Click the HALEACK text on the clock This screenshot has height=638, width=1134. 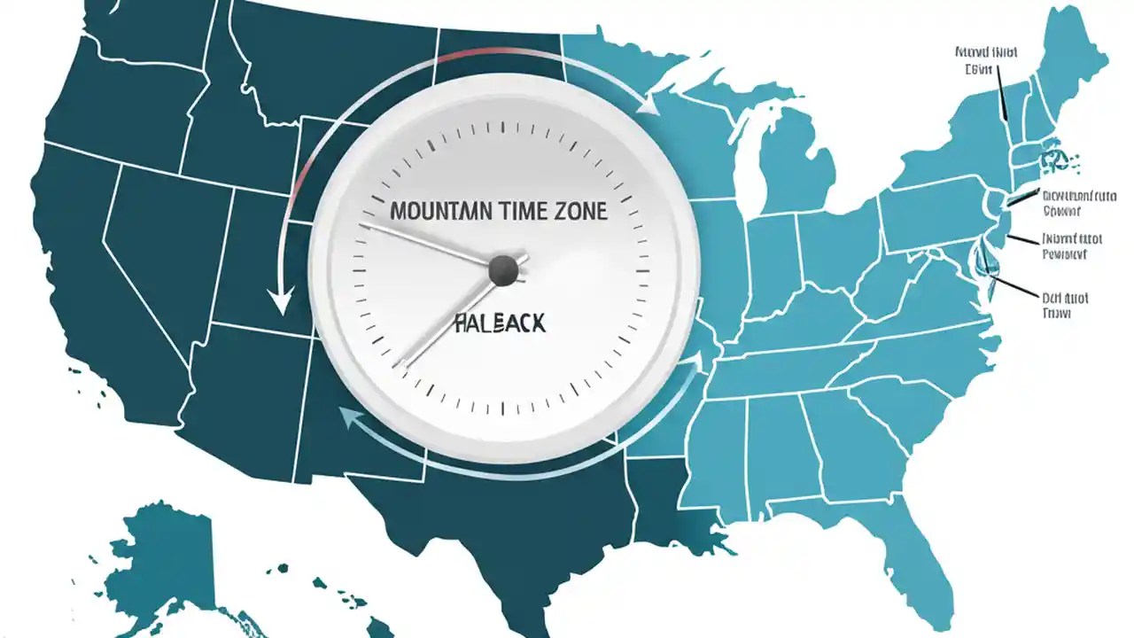[500, 323]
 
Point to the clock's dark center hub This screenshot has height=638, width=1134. [503, 269]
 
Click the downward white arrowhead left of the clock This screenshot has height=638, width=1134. [281, 304]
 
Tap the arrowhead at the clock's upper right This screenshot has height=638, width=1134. [649, 106]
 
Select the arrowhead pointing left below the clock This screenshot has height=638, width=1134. [346, 418]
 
